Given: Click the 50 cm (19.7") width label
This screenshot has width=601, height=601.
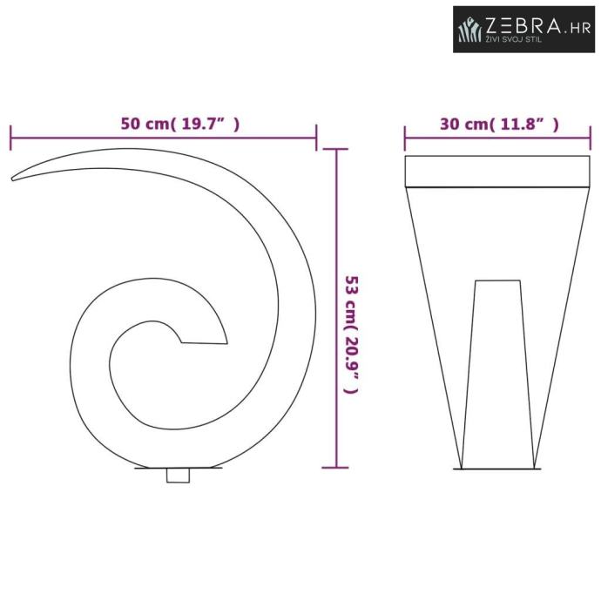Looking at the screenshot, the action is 180,124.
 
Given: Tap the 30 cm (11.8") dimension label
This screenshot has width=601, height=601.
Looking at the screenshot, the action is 499,125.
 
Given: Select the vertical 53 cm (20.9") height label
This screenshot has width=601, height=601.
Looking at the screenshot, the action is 351,334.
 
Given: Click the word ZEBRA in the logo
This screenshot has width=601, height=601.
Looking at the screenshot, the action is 523,25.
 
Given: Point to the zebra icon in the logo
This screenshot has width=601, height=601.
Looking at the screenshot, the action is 470,29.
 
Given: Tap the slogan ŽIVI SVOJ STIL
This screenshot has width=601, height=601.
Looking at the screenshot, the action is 514,39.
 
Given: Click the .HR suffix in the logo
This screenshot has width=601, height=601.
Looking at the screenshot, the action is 577,29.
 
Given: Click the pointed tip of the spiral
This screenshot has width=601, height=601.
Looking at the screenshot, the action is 12,179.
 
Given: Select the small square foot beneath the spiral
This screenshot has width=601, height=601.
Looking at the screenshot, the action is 178,476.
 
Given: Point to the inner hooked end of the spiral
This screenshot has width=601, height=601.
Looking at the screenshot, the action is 203,342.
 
